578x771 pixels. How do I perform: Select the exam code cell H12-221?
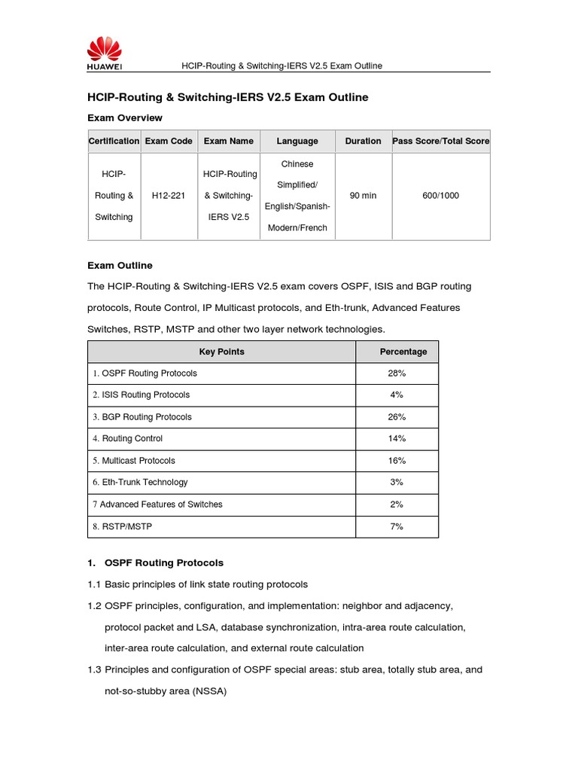pos(169,196)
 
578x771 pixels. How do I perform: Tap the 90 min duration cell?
pos(363,196)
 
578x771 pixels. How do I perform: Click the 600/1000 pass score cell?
pos(440,196)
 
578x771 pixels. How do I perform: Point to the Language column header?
pos(297,141)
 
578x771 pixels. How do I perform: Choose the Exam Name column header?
pos(229,141)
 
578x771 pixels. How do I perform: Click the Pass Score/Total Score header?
pos(440,141)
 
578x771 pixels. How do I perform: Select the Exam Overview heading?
pos(125,118)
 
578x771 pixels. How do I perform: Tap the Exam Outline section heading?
pos(120,266)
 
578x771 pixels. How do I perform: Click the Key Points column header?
pos(221,352)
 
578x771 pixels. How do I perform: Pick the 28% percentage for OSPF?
pos(397,373)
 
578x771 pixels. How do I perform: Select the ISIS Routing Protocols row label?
pos(141,395)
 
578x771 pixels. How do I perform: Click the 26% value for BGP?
pos(397,417)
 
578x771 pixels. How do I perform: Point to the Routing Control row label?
pos(128,439)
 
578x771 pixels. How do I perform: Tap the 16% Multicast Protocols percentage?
pos(397,461)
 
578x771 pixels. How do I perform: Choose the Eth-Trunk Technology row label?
pos(141,483)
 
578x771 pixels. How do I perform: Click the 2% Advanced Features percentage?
pos(397,504)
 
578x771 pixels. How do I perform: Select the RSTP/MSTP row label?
pos(122,527)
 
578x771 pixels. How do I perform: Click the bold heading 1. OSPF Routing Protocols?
pos(156,563)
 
